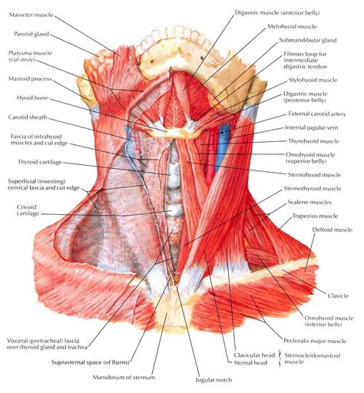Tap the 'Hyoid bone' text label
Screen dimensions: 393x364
(32, 98)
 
